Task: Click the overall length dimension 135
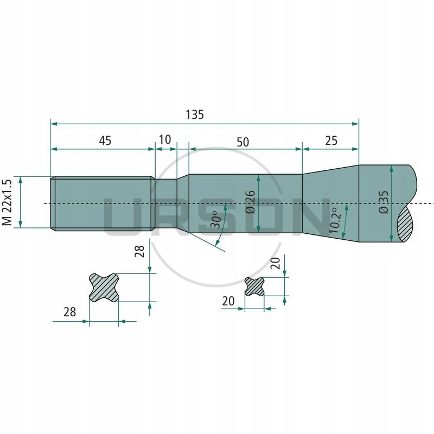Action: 194,114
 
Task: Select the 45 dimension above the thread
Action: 105,141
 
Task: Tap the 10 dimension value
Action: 165,139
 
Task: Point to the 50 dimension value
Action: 243,142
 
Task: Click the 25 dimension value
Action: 331,141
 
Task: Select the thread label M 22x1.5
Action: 7,202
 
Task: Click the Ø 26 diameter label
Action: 250,202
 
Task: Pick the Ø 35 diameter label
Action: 384,202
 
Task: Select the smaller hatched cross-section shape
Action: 254,286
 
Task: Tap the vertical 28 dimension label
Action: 139,251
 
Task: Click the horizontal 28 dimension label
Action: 69,311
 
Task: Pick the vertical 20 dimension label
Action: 275,263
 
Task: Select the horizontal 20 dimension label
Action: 228,301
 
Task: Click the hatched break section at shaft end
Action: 405,223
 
